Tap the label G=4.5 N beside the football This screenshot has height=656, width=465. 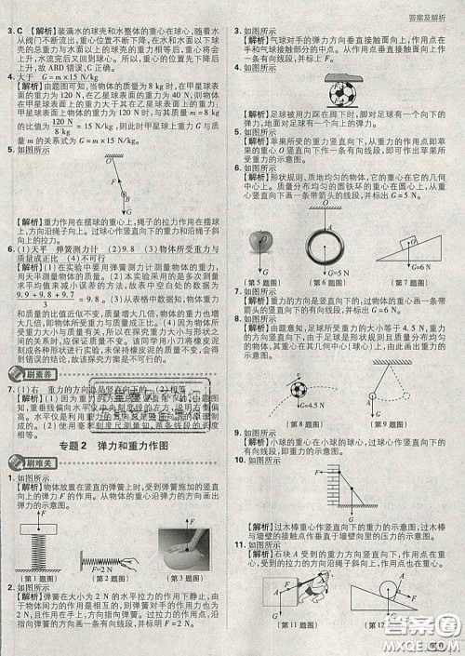[275, 379]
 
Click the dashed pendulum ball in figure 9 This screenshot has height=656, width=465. [380, 371]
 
